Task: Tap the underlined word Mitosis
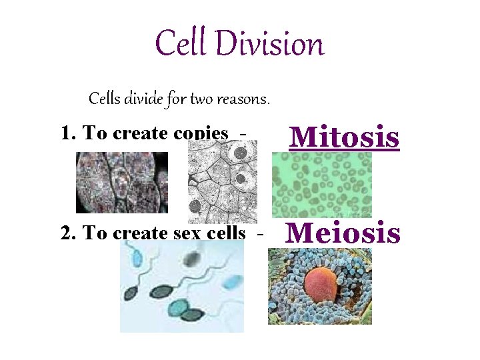[x=344, y=137]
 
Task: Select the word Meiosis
[x=343, y=233]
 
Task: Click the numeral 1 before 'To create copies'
[x=66, y=133]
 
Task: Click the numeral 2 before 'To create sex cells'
[x=66, y=233]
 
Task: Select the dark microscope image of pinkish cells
[x=121, y=183]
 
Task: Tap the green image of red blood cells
[x=321, y=185]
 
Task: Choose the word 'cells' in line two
[x=230, y=233]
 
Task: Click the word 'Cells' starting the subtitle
[x=105, y=100]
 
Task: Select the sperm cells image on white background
[x=181, y=287]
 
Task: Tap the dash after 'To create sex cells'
[x=260, y=233]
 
